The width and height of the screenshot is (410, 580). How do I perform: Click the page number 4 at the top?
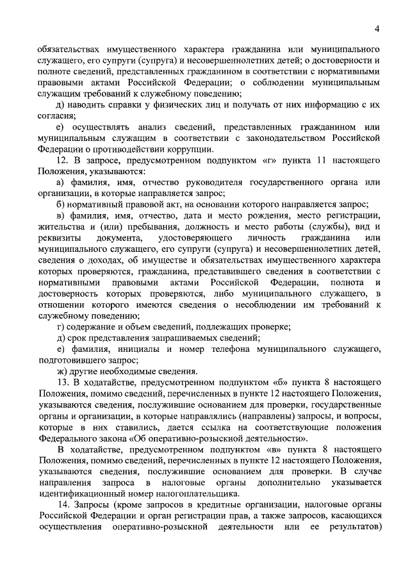click(x=377, y=29)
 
